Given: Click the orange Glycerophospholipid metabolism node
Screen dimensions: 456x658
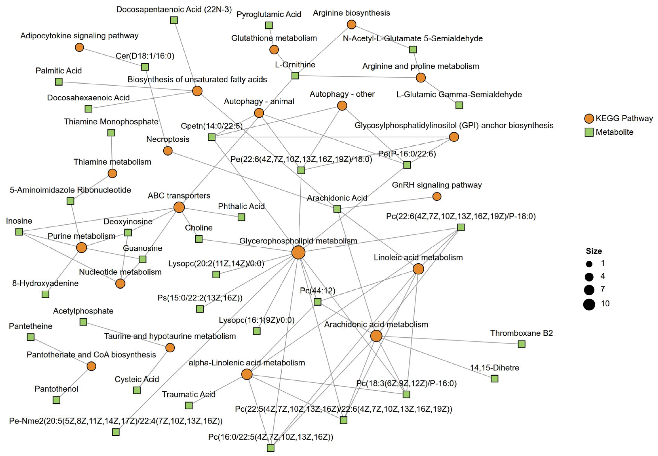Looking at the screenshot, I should coord(298,253).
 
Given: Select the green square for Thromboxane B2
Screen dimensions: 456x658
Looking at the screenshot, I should coord(521,344).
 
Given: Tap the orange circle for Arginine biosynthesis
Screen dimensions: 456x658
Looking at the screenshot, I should coord(351,25).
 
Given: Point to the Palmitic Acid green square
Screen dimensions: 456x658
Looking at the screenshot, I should coord(59,82).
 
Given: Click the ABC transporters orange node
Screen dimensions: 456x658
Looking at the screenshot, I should coord(179,207).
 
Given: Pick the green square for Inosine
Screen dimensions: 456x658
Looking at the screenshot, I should coord(19,232).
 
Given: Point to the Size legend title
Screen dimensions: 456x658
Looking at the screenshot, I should coord(594,251).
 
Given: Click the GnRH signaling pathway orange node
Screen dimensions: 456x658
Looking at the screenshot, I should coord(437,197).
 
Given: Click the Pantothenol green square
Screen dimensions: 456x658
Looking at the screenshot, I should coord(57,400).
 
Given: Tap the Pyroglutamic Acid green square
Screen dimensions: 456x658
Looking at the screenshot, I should coord(269,25).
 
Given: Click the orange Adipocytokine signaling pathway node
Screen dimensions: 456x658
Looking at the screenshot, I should coord(79,47).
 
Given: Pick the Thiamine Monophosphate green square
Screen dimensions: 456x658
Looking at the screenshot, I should coord(111,133).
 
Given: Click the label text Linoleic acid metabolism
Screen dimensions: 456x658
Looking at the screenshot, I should coord(418,258).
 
